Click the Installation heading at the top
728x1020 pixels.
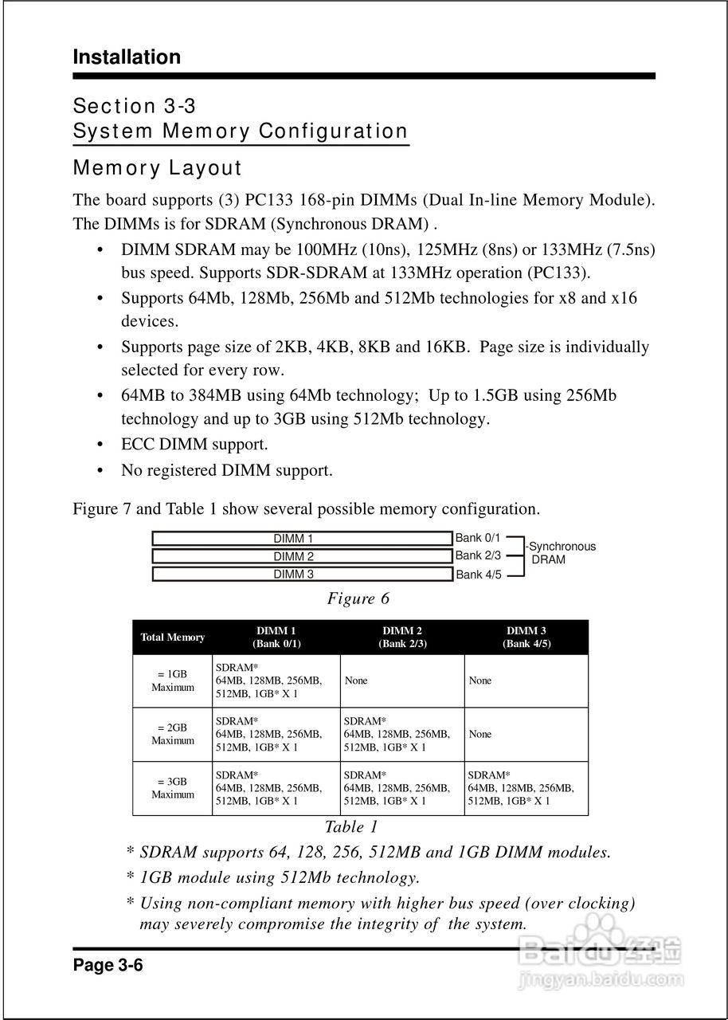click(x=127, y=57)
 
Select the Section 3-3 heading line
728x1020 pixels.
click(x=135, y=106)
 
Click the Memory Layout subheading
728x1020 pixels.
click(x=157, y=168)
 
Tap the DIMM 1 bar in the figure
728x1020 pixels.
click(x=301, y=539)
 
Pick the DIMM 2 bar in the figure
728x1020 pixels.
click(x=301, y=556)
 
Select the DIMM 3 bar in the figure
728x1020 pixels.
click(x=301, y=574)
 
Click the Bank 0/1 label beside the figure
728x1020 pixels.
click(x=478, y=539)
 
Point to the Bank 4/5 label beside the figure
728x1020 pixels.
click(x=478, y=575)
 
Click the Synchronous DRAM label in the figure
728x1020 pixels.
click(x=562, y=553)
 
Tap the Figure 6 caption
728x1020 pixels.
click(x=358, y=598)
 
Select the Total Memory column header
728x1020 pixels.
click(x=172, y=637)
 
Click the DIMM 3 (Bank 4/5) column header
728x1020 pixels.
click(x=526, y=637)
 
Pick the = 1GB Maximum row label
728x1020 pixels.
click(x=173, y=681)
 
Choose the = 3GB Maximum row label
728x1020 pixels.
click(x=173, y=788)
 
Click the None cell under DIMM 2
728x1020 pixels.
click(x=356, y=681)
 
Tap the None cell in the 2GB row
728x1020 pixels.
click(x=480, y=734)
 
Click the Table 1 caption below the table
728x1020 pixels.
click(x=351, y=827)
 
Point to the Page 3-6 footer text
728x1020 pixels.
click(x=108, y=966)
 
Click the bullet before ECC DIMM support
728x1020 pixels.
click(x=100, y=445)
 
